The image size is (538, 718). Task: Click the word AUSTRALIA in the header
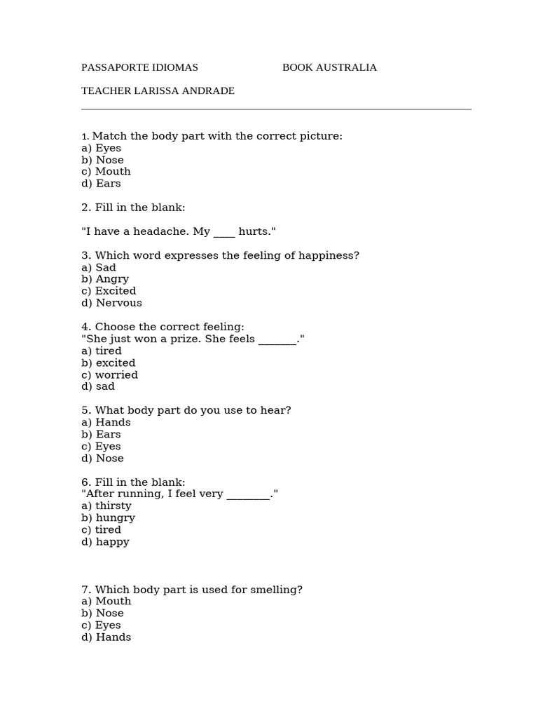point(345,67)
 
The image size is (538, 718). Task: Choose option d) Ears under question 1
point(101,184)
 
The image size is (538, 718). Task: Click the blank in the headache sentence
point(224,232)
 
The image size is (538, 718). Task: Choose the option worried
point(116,375)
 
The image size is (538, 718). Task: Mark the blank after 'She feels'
point(277,340)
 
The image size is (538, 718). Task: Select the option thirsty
point(113,506)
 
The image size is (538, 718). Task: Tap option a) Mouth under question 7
point(106,602)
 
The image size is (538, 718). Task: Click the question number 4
point(85,327)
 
